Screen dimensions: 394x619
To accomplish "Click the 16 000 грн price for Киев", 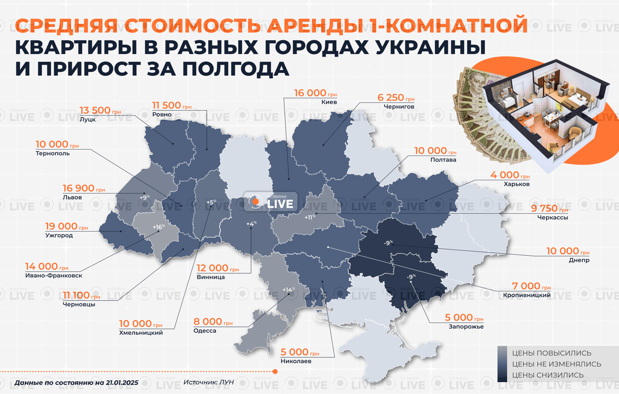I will click(315, 93).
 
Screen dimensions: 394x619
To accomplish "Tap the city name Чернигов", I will click(396, 107).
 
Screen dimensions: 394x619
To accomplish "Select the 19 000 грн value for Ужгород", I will click(66, 226).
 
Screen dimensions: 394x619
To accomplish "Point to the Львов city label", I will click(72, 197).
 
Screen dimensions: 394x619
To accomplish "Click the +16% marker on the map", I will click(158, 227).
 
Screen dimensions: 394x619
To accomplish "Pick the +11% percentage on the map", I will click(310, 217).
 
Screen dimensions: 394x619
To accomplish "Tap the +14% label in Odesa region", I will click(288, 290).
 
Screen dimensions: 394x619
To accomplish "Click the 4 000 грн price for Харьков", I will click(509, 176).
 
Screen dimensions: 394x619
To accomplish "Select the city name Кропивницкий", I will click(527, 295).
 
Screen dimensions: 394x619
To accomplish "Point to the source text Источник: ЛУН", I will click(208, 382).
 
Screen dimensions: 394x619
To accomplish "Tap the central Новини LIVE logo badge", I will click(271, 202).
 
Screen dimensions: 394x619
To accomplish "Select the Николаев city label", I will click(295, 361).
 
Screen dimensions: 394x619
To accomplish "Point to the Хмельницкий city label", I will click(141, 333).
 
